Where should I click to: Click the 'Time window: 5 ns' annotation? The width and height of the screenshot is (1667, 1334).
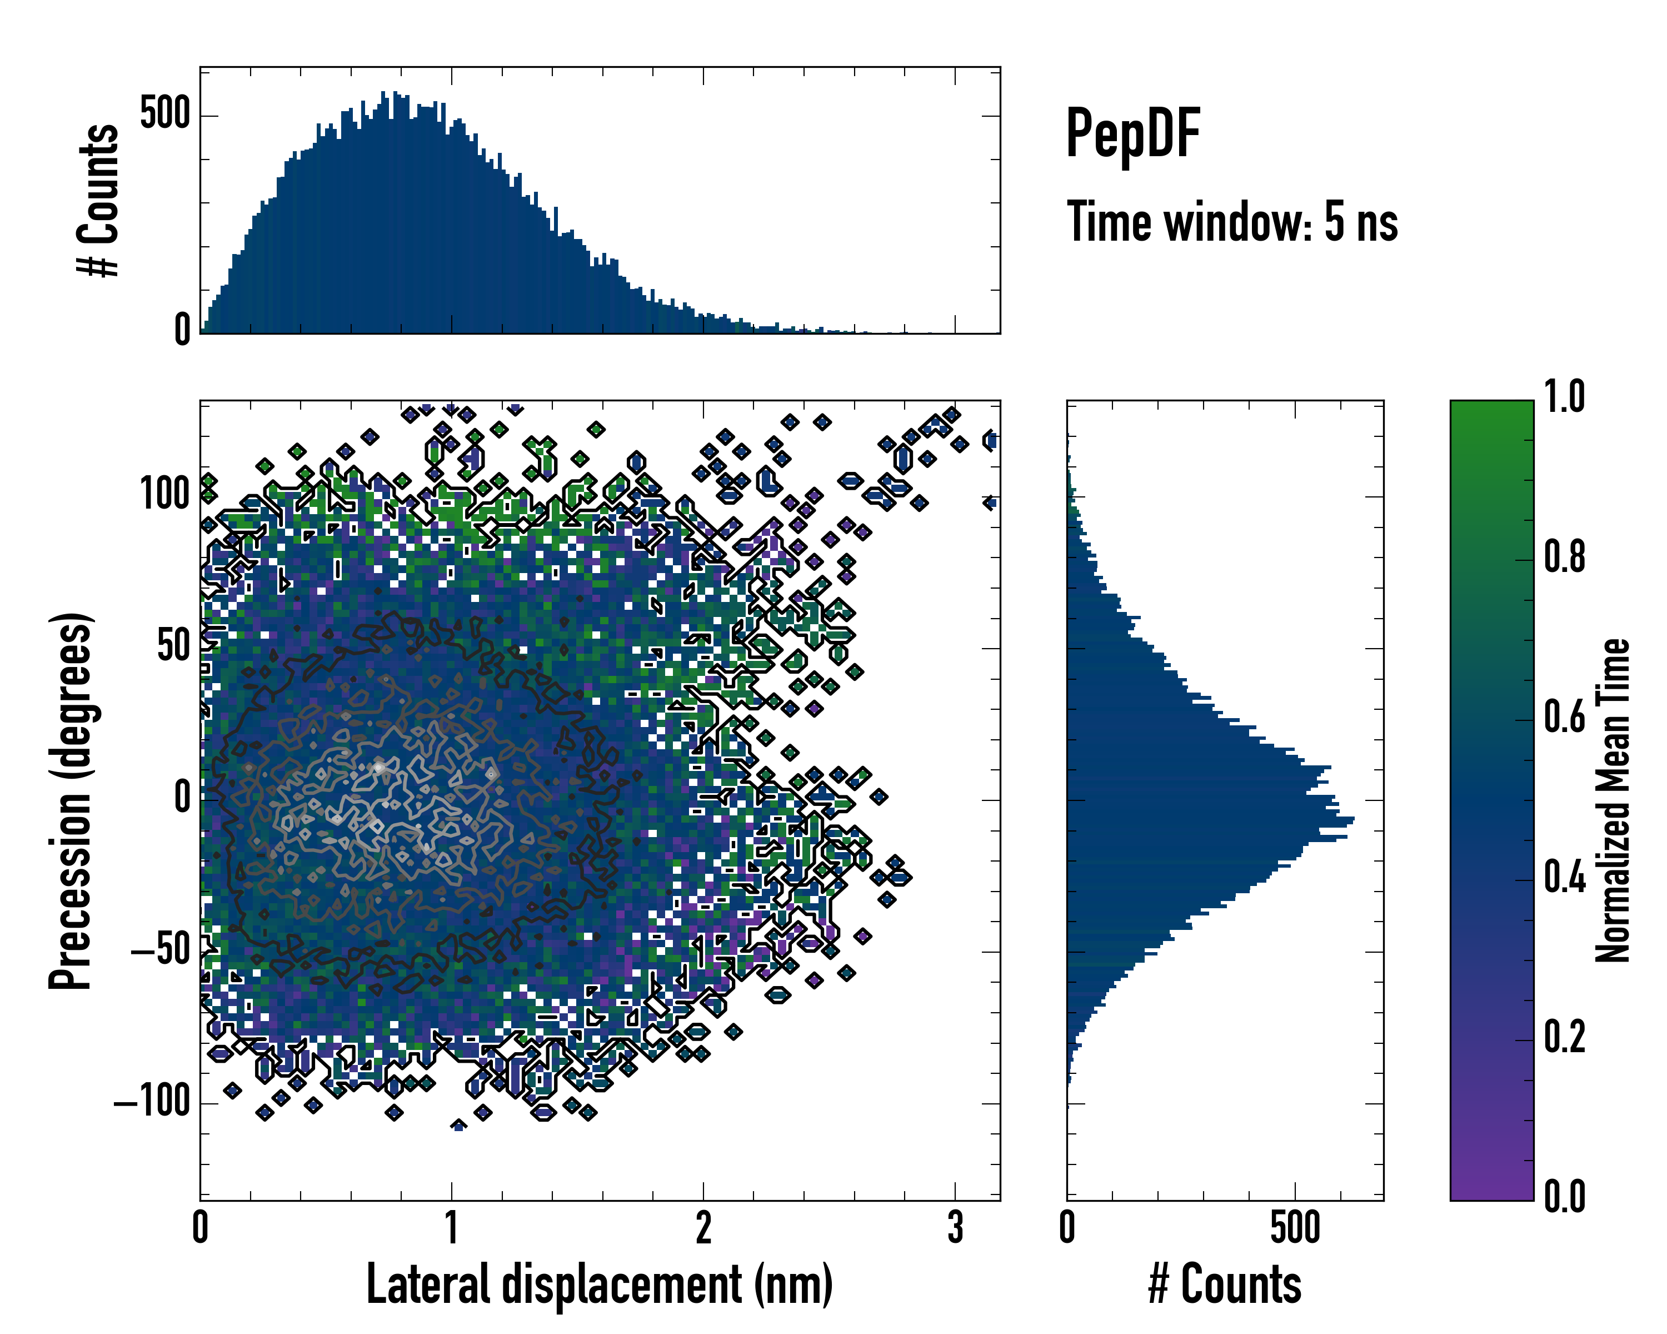click(x=1232, y=222)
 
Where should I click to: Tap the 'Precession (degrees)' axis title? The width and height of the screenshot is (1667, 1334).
click(x=71, y=800)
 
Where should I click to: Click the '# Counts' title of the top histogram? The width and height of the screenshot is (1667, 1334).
click(x=98, y=200)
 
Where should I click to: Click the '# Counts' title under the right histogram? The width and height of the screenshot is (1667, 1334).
click(x=1225, y=1284)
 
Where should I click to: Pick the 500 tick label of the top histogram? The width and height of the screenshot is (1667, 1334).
click(x=164, y=115)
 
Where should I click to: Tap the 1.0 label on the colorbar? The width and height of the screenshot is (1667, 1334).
click(x=1564, y=397)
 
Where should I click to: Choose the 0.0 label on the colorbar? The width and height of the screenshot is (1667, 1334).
click(x=1564, y=1196)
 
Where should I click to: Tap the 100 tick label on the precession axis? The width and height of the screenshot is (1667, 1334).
click(x=164, y=494)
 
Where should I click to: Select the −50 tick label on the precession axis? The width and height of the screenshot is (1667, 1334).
click(x=160, y=950)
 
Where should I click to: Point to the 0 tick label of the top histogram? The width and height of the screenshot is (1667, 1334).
click(x=182, y=331)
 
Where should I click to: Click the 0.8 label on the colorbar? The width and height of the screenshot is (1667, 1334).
click(x=1564, y=558)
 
